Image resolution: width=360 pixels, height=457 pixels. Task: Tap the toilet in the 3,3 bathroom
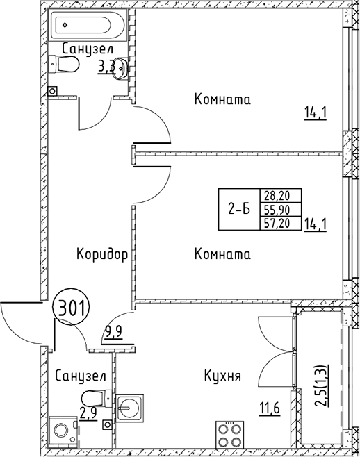tap(67, 65)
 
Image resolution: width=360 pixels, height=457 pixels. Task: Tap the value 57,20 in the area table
tap(276, 222)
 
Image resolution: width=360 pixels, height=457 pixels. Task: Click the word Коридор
tap(102, 255)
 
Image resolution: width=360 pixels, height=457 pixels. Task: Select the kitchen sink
tap(129, 407)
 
